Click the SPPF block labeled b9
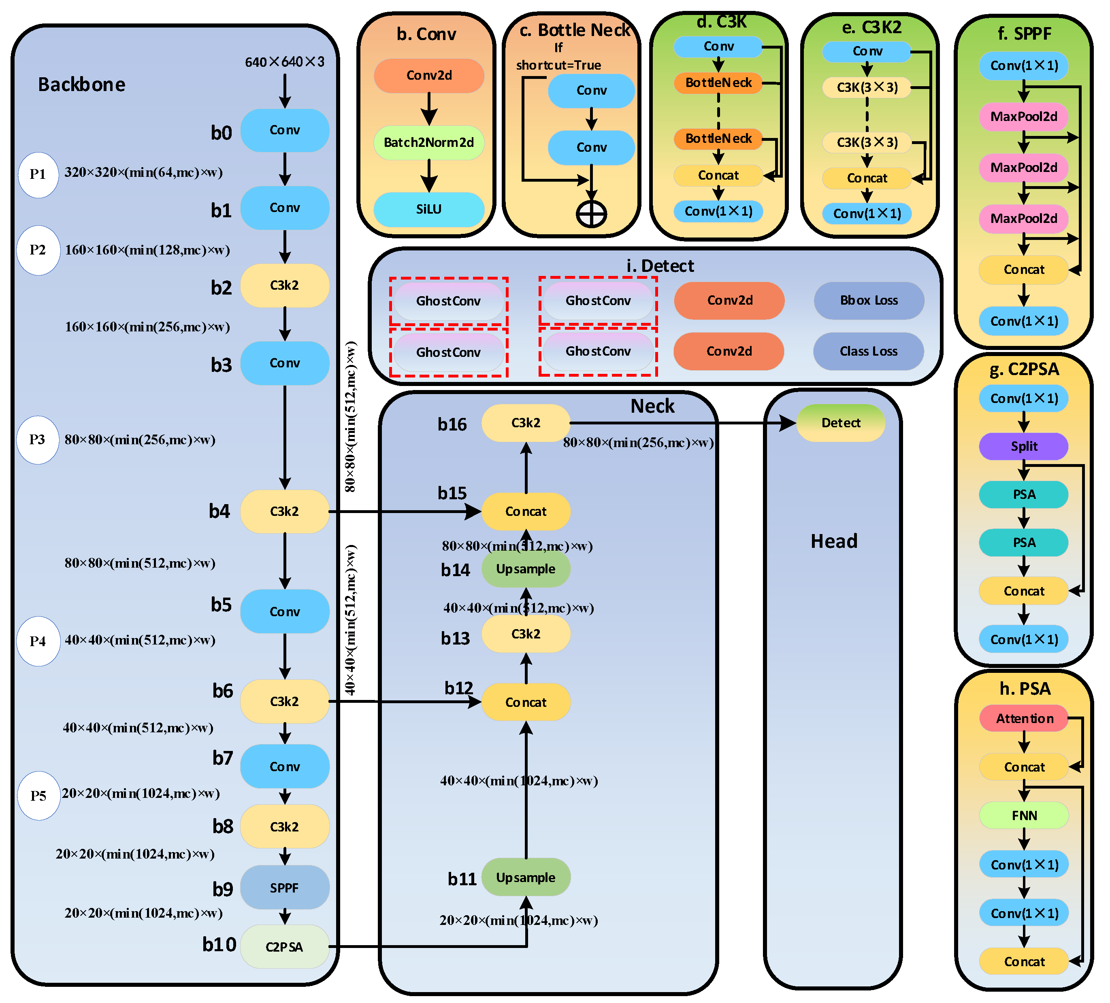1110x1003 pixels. point(284,887)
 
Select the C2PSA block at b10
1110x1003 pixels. point(284,946)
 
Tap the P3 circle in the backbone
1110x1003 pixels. point(37,440)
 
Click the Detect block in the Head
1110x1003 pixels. point(840,422)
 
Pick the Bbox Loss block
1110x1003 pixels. point(868,300)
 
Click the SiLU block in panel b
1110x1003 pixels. point(428,209)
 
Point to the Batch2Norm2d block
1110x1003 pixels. point(428,142)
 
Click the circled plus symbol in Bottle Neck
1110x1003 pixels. point(591,214)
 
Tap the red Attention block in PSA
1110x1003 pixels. point(1024,718)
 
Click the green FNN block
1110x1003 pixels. point(1024,815)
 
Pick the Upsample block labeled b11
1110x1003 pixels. point(525,877)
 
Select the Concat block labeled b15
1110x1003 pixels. point(525,511)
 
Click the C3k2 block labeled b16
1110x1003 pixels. point(525,422)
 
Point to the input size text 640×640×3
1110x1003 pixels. point(284,61)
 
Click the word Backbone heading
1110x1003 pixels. point(81,84)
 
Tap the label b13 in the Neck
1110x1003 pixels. point(455,638)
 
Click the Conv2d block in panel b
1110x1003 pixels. point(428,75)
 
